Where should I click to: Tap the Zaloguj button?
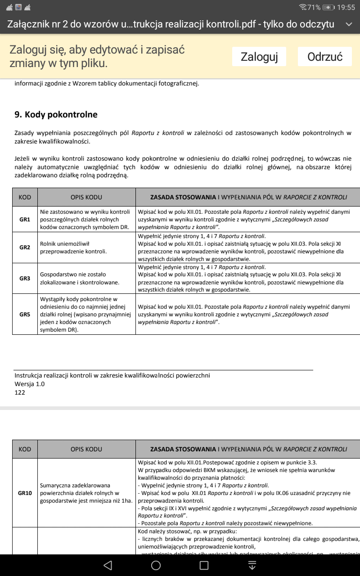point(259,57)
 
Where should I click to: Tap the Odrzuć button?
point(325,57)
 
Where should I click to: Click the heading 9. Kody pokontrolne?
point(56,115)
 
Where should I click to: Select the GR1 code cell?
point(25,220)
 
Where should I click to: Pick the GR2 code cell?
point(25,247)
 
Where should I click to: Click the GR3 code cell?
point(25,279)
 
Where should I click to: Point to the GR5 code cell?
point(25,314)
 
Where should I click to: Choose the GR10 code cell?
point(25,493)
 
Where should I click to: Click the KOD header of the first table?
point(25,197)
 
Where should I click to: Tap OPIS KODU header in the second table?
point(86,449)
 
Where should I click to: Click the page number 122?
point(20,392)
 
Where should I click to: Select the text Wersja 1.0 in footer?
point(30,384)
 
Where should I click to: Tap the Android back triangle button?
point(108,565)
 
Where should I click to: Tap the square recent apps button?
point(204,565)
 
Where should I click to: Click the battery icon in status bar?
point(329,7)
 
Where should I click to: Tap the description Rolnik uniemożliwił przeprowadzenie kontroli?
point(73,247)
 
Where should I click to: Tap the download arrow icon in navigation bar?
point(252,565)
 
